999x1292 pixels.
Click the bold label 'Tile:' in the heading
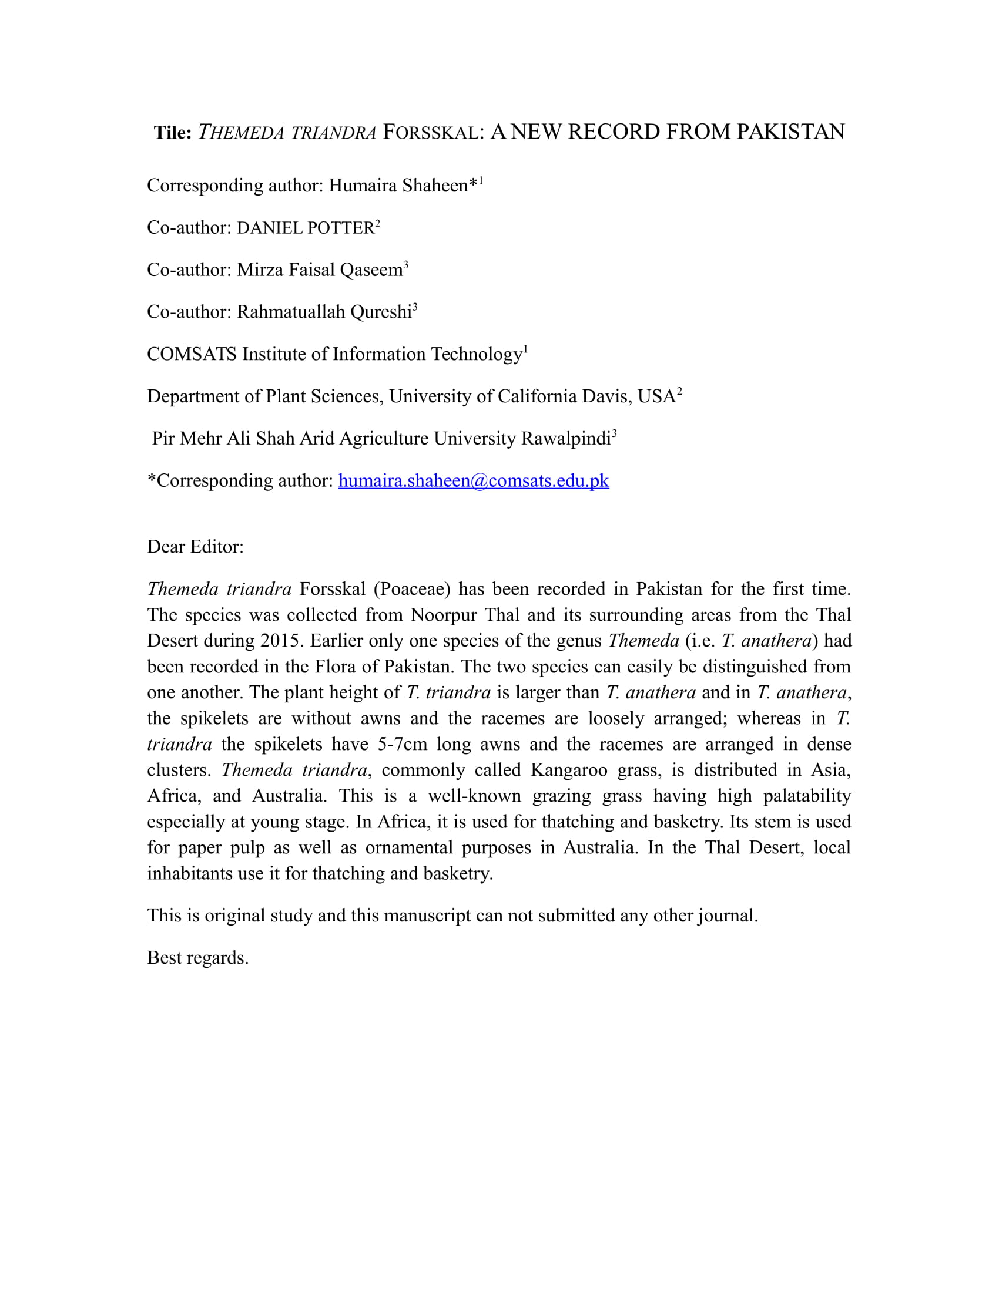(x=173, y=133)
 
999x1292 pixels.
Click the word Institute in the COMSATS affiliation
(x=274, y=354)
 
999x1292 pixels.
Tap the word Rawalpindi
(x=566, y=438)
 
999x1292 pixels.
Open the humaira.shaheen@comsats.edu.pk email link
(x=474, y=480)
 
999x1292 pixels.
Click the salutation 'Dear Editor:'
(x=195, y=547)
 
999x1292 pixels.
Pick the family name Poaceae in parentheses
(x=412, y=588)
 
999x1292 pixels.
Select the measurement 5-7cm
(x=403, y=744)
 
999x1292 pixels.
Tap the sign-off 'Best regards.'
(x=197, y=957)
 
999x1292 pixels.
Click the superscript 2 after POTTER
(x=378, y=223)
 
